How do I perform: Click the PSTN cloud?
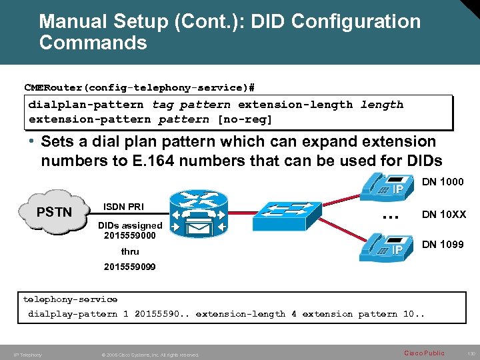[53, 211]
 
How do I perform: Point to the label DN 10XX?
[444, 214]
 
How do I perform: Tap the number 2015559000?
[130, 235]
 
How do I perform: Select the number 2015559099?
[130, 266]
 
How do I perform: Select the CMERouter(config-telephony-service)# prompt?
[139, 88]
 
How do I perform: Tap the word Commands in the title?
[93, 43]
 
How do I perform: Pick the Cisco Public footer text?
[424, 353]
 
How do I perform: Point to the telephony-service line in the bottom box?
[70, 299]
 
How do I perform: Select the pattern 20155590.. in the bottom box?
[162, 314]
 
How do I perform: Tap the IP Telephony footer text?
[28, 355]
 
